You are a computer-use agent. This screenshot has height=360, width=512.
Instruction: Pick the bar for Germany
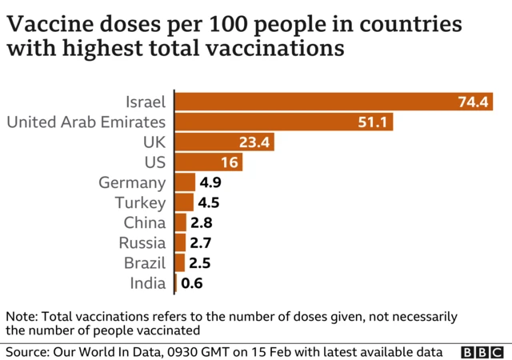[185, 182]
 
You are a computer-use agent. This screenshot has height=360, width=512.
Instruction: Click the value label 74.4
[473, 102]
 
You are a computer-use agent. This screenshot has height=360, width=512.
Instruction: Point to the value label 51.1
[374, 122]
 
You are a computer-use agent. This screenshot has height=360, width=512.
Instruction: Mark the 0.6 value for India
[192, 282]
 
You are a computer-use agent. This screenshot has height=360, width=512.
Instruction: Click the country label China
[145, 222]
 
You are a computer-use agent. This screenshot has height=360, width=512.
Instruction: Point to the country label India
[148, 282]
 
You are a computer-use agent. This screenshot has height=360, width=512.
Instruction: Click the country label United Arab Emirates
[86, 122]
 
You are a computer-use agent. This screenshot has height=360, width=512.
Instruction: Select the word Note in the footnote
[20, 316]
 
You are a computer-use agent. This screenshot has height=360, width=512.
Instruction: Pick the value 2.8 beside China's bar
[201, 222]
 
